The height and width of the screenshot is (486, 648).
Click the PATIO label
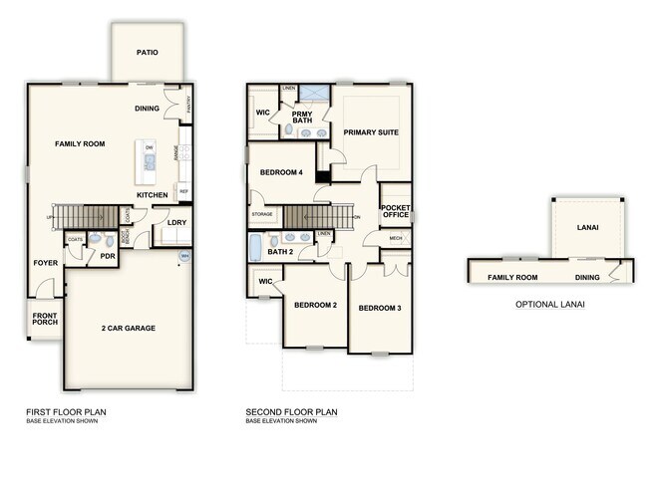click(147, 53)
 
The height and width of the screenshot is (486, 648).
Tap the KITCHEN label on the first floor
click(152, 194)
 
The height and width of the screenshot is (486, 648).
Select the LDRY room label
click(176, 222)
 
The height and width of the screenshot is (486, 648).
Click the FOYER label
click(45, 263)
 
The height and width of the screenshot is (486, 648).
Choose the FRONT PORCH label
click(43, 322)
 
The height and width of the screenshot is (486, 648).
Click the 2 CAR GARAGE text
click(129, 328)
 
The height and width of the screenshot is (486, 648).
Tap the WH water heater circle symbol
click(184, 256)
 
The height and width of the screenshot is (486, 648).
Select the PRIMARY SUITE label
click(371, 131)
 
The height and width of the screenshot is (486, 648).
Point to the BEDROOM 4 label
click(281, 172)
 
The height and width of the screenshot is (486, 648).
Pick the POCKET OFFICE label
click(396, 211)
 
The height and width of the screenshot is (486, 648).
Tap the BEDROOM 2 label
click(314, 305)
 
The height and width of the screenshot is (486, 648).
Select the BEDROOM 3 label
click(379, 308)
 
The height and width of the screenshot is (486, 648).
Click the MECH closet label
click(395, 238)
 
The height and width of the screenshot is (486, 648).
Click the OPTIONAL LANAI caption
click(549, 304)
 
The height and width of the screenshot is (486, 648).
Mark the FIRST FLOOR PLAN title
click(66, 411)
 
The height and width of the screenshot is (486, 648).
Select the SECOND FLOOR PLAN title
click(292, 411)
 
